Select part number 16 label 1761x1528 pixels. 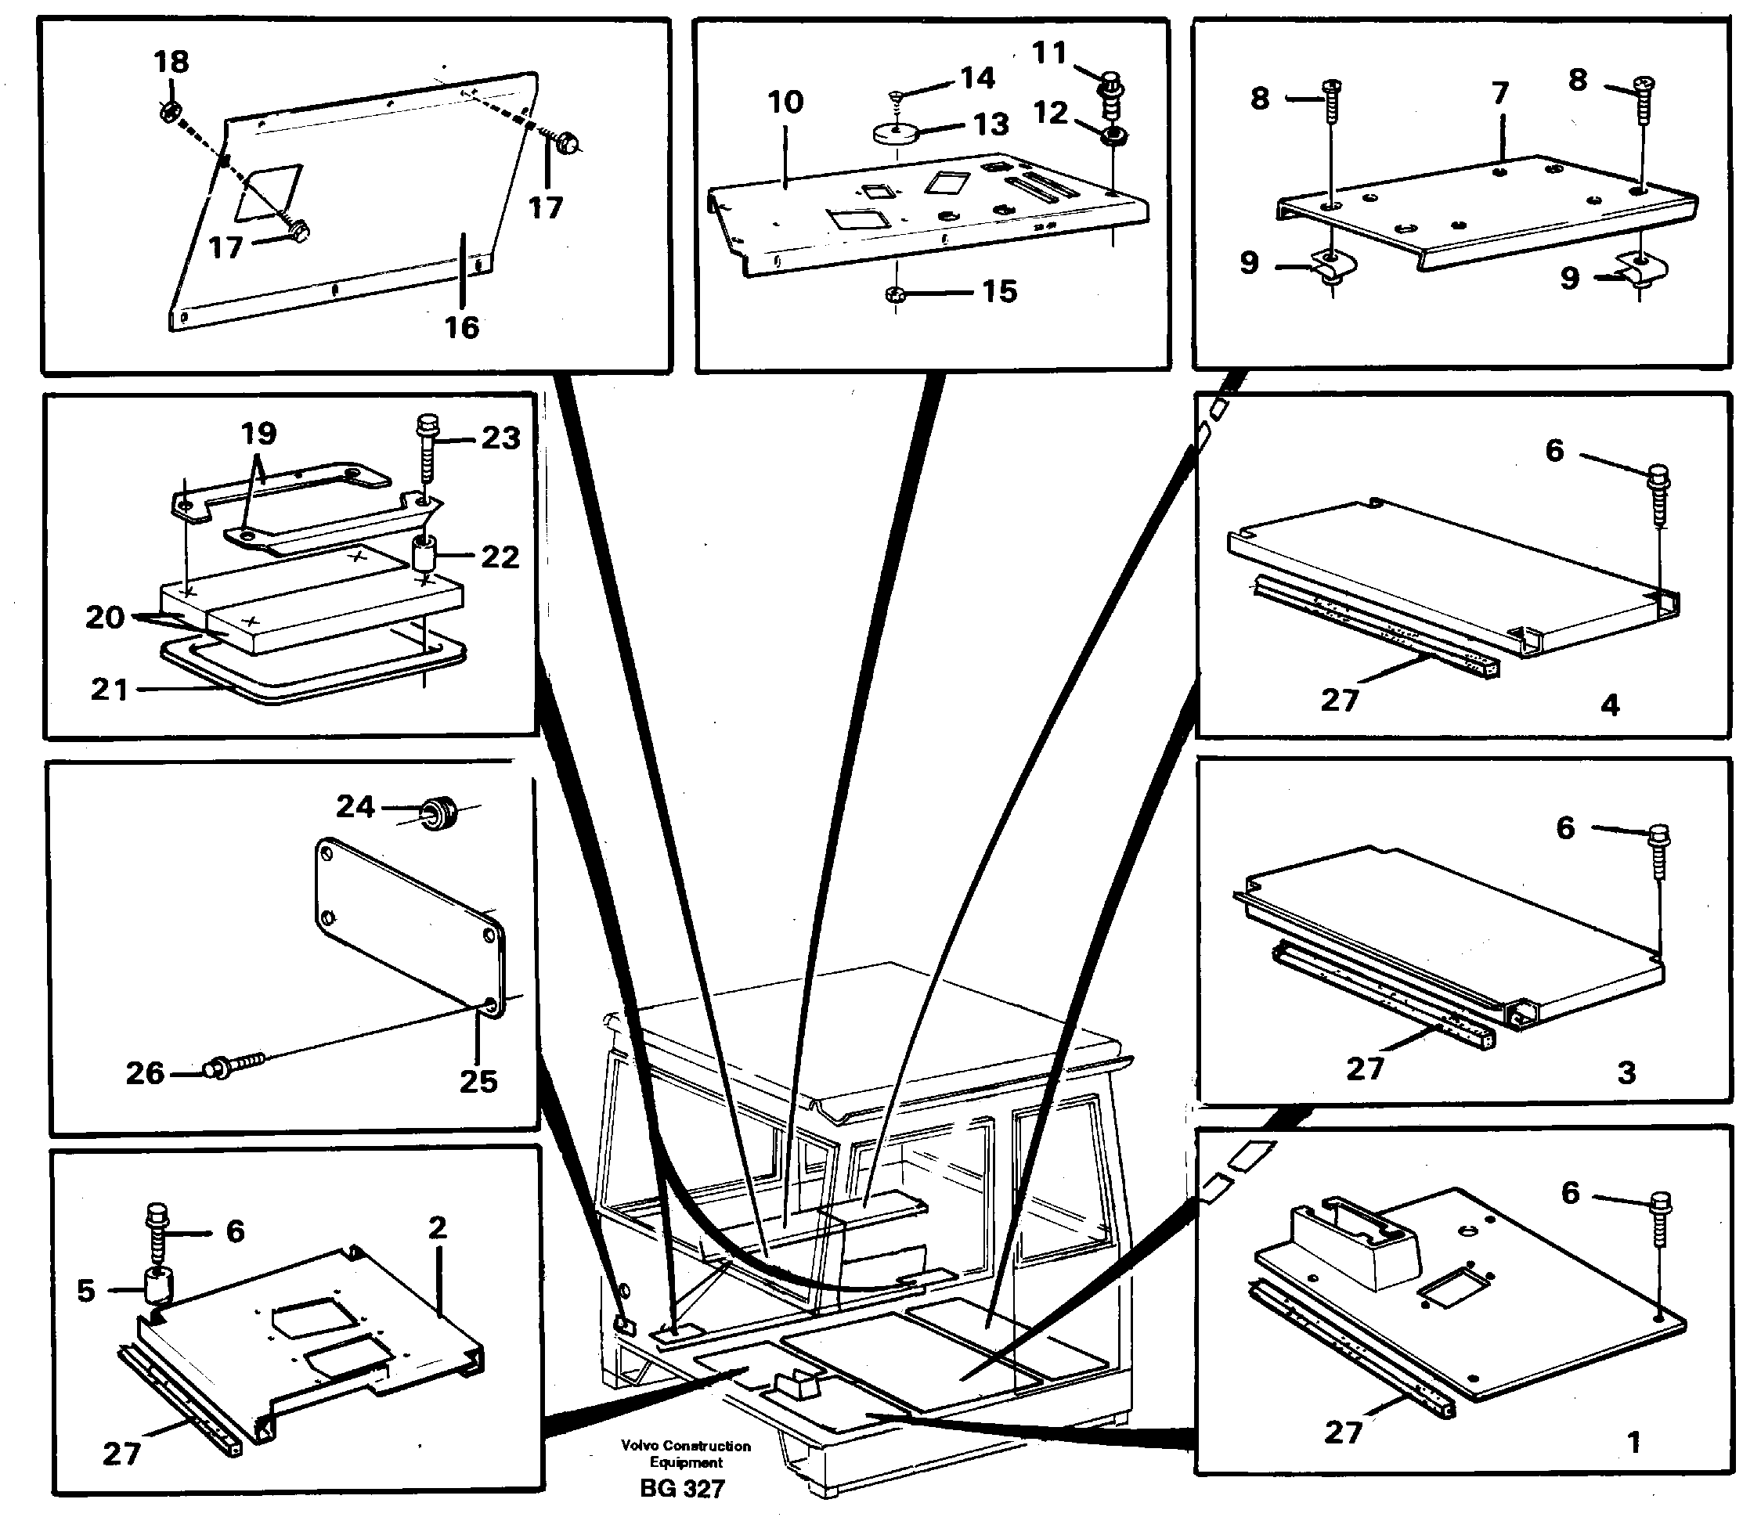pyautogui.click(x=461, y=327)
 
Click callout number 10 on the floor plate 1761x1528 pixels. pyautogui.click(x=785, y=103)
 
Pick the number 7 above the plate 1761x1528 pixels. pyautogui.click(x=1500, y=93)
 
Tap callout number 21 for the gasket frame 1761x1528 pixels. pyautogui.click(x=109, y=689)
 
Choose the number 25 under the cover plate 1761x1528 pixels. pyautogui.click(x=478, y=1081)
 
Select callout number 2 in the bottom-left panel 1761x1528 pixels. pyautogui.click(x=437, y=1227)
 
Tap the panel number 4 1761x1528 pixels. pyautogui.click(x=1609, y=705)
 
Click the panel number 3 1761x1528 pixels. pyautogui.click(x=1626, y=1072)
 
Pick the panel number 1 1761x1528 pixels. pyautogui.click(x=1634, y=1442)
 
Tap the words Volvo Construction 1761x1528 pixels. pyautogui.click(x=686, y=1446)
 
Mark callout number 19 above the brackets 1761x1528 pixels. pyautogui.click(x=259, y=433)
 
